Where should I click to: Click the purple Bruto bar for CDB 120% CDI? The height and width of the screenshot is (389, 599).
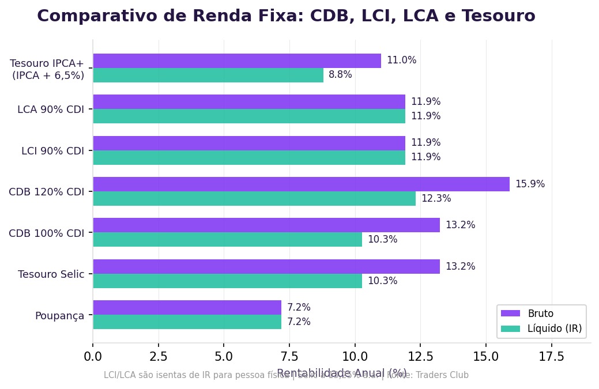pyautogui.click(x=301, y=184)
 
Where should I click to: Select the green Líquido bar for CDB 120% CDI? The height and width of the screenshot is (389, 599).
pyautogui.click(x=254, y=199)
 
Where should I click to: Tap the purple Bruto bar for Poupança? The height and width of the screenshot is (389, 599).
pyautogui.click(x=187, y=308)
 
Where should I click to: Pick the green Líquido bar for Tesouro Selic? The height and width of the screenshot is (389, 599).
pyautogui.click(x=227, y=281)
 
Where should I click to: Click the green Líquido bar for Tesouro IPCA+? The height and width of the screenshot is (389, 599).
pyautogui.click(x=208, y=75)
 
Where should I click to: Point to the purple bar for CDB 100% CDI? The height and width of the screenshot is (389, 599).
pyautogui.click(x=266, y=225)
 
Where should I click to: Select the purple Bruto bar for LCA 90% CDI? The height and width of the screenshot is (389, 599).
pyautogui.click(x=249, y=102)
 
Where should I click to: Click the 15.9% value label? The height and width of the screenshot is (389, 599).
pyautogui.click(x=530, y=184)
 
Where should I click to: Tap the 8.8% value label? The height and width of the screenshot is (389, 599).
pyautogui.click(x=340, y=75)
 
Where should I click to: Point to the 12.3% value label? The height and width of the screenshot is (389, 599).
pyautogui.click(x=436, y=199)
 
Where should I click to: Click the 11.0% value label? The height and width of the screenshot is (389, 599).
pyautogui.click(x=401, y=61)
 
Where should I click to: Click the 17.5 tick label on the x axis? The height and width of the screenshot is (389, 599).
pyautogui.click(x=551, y=357)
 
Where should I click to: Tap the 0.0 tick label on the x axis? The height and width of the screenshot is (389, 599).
pyautogui.click(x=93, y=357)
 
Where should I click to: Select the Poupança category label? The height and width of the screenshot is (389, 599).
pyautogui.click(x=59, y=316)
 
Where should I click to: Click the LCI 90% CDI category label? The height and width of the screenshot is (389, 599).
pyautogui.click(x=52, y=151)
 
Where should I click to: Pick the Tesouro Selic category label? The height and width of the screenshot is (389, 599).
pyautogui.click(x=51, y=274)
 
